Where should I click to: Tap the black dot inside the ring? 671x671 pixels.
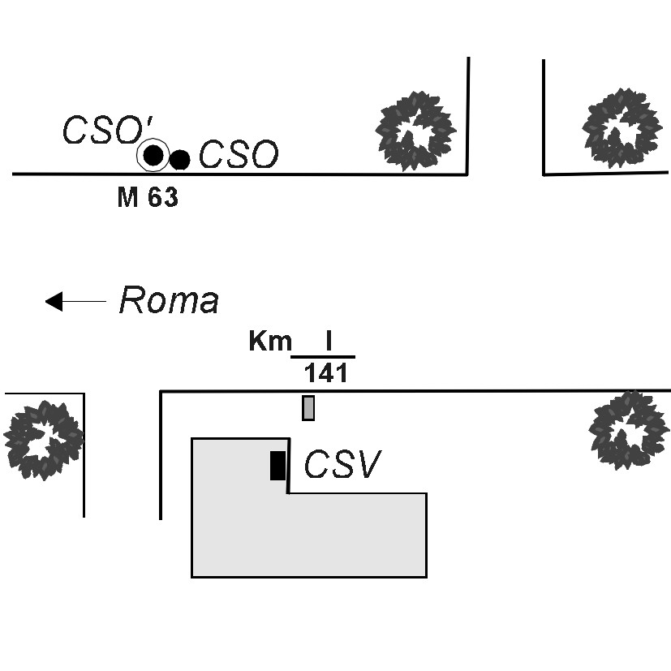click(153, 155)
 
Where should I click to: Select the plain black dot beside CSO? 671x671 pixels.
click(180, 160)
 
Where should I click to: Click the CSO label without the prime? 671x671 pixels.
click(239, 154)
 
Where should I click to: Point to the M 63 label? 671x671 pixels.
click(148, 197)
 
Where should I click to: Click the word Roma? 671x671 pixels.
click(169, 300)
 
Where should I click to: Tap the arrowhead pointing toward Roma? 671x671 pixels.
click(54, 301)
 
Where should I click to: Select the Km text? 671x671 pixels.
click(270, 342)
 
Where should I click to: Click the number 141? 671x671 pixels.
click(325, 373)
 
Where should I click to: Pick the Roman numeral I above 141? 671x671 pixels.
click(329, 341)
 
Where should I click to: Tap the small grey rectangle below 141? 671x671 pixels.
click(308, 408)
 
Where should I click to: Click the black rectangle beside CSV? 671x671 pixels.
click(277, 466)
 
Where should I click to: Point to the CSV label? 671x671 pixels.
click(342, 463)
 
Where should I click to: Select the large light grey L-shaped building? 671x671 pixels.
click(308, 535)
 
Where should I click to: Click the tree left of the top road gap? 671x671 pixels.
click(415, 131)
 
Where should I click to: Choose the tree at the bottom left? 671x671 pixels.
click(44, 441)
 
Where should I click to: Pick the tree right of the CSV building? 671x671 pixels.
click(629, 430)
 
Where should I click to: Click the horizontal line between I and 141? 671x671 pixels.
click(323, 356)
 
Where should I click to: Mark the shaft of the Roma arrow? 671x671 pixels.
click(84, 301)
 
